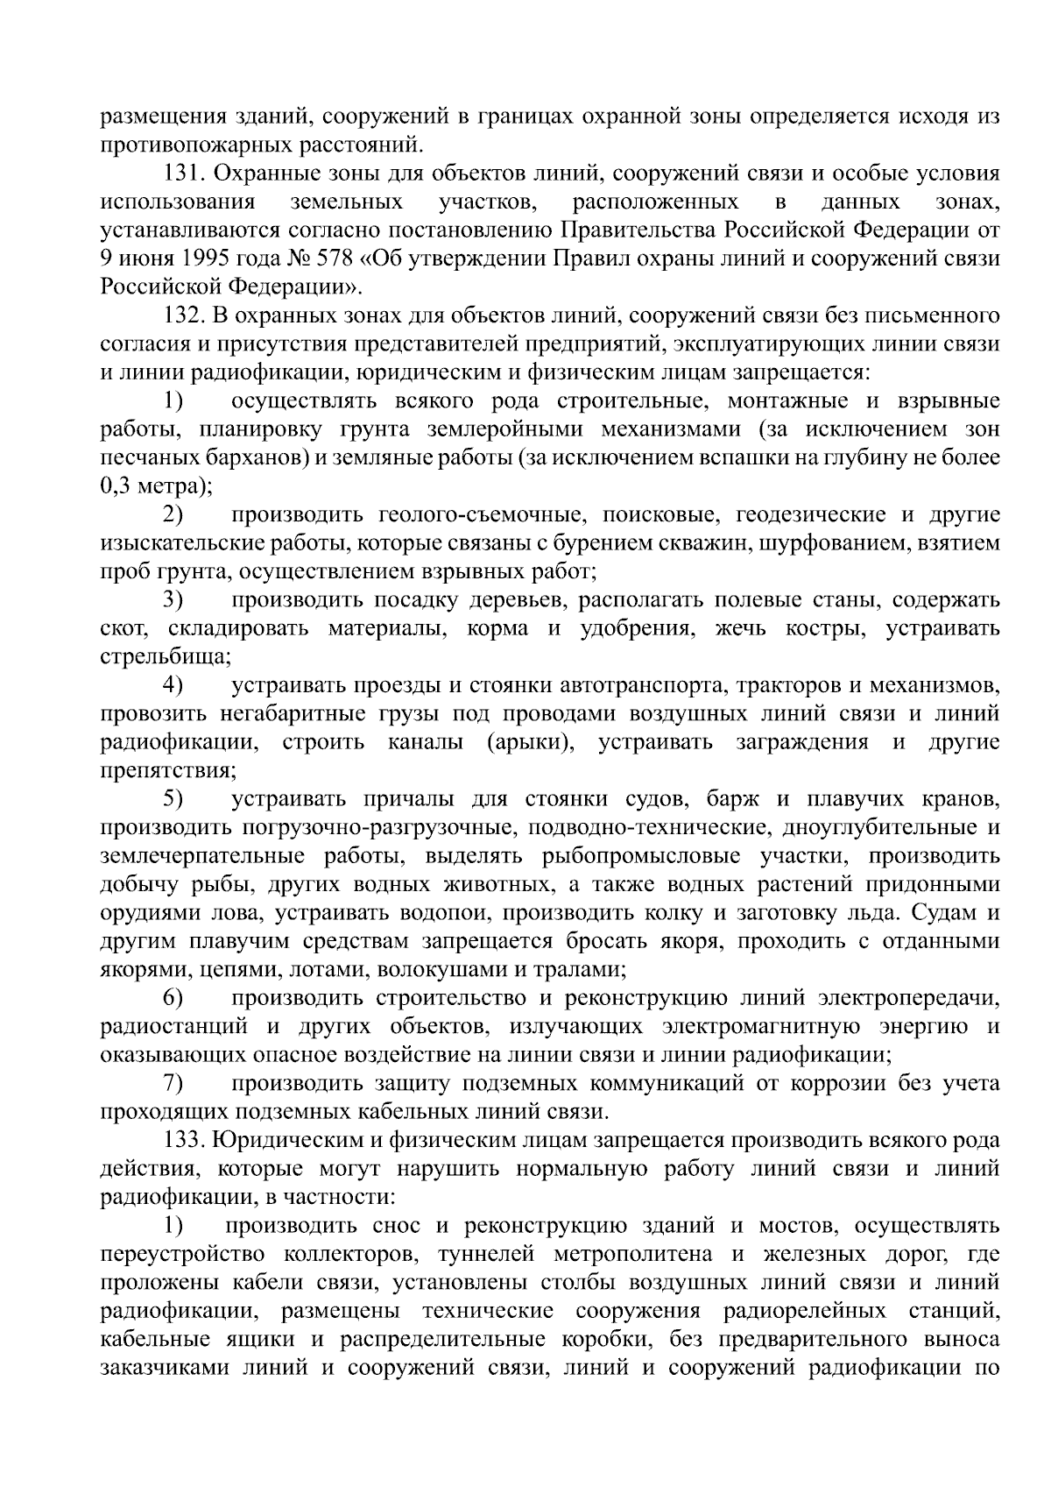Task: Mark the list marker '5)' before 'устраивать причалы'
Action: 172,799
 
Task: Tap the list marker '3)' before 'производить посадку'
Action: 172,600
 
